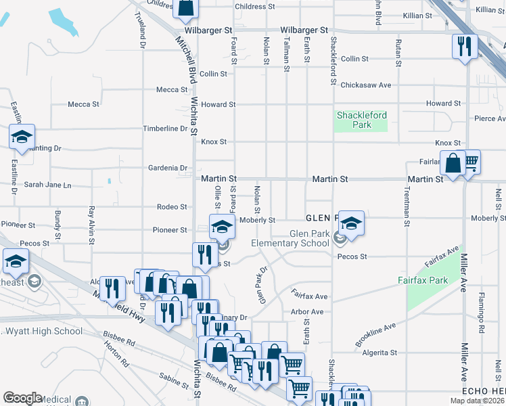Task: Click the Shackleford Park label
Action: (x=362, y=120)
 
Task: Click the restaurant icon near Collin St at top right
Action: (x=464, y=46)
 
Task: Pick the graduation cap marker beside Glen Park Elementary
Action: (x=352, y=223)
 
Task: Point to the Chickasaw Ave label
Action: (x=366, y=85)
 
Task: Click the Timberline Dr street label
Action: (x=164, y=129)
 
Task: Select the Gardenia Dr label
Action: (x=168, y=168)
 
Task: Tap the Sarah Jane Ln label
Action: (x=47, y=185)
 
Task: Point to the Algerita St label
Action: (x=379, y=353)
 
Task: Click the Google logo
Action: (x=22, y=398)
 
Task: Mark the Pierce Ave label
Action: (x=490, y=118)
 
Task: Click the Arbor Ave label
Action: (x=307, y=312)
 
